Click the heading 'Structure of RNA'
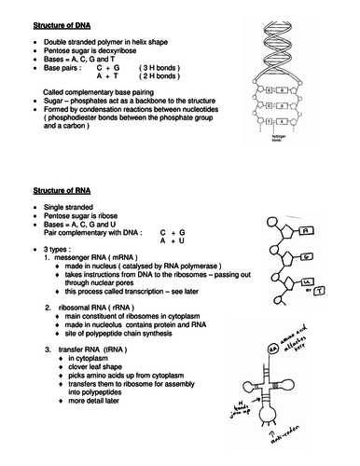click(53, 190)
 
